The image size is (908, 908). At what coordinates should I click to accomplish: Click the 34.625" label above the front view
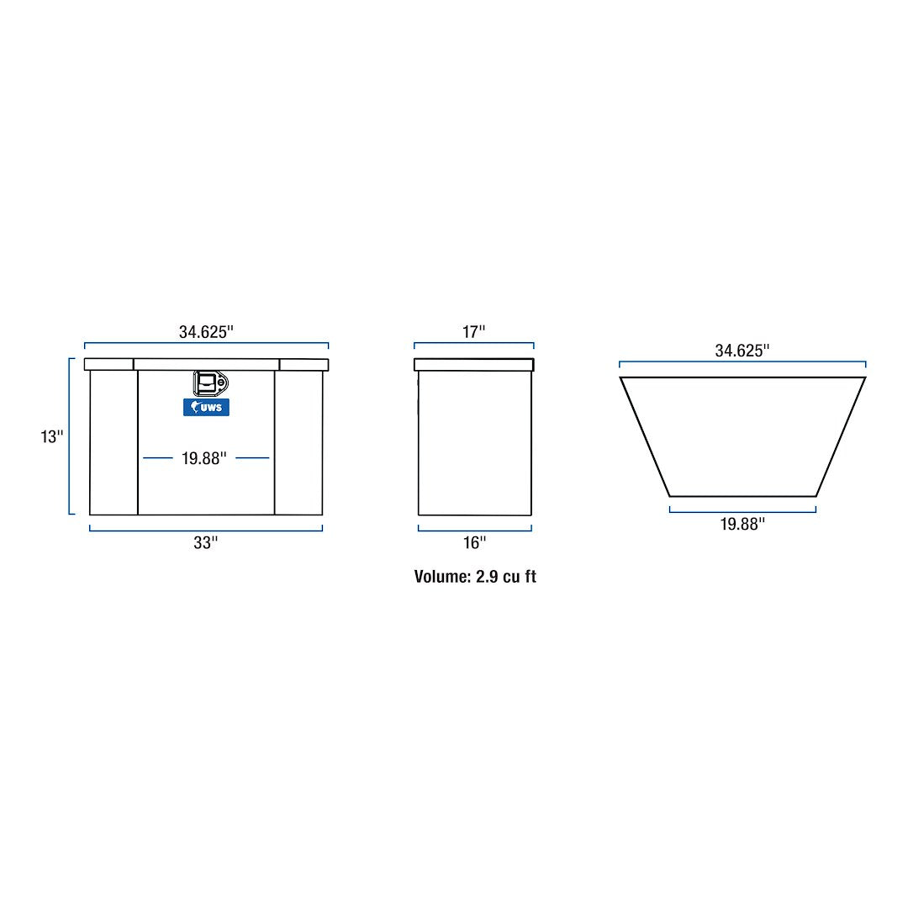pos(206,332)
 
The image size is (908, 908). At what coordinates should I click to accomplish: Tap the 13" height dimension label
pos(52,437)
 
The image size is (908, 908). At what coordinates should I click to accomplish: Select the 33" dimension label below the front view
pos(206,543)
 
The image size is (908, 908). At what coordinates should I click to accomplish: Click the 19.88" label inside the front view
pos(204,458)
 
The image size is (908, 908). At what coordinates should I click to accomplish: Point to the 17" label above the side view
pos(474,332)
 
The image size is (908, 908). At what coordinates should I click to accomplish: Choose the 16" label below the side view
pos(474,543)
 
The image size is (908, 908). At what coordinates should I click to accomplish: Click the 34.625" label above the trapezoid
pos(742,351)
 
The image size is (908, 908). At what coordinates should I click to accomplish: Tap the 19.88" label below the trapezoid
pos(742,525)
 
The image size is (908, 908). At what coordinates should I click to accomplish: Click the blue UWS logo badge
pos(206,407)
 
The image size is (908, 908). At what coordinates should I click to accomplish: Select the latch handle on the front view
pos(209,383)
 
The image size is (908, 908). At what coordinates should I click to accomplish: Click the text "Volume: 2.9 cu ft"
pos(475,577)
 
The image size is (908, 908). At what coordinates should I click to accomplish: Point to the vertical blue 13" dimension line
pos(71,436)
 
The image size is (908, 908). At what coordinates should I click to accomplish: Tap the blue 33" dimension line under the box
pos(206,530)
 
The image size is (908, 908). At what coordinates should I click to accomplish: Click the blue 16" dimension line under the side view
pos(474,530)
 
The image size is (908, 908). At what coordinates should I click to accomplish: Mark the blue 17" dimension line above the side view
pos(474,344)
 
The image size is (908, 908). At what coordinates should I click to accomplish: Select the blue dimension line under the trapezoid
pos(742,510)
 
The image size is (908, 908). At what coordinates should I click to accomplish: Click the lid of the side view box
pos(474,365)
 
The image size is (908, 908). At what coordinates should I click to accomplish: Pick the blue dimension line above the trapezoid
pos(742,363)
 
